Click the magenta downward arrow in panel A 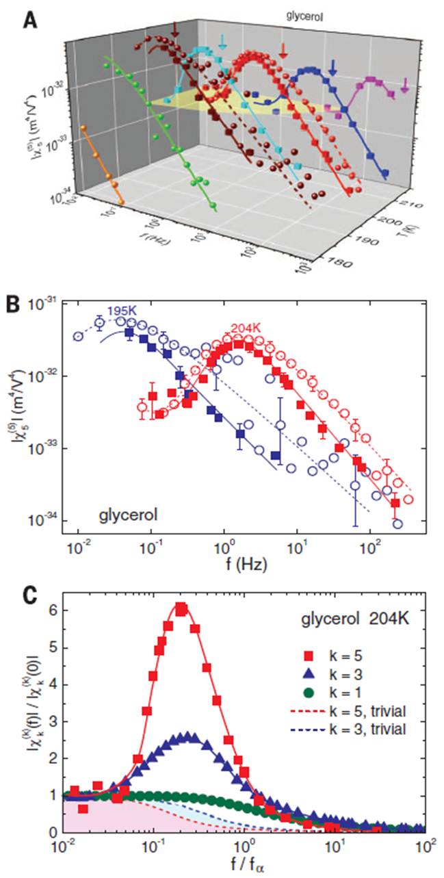[x=405, y=85]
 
